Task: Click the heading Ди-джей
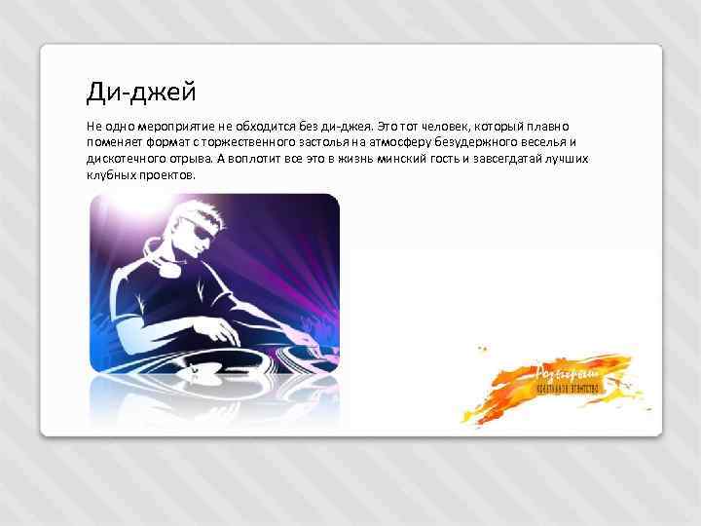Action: (141, 93)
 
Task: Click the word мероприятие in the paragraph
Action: (167, 127)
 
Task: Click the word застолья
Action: (316, 142)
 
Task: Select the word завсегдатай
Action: (499, 159)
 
